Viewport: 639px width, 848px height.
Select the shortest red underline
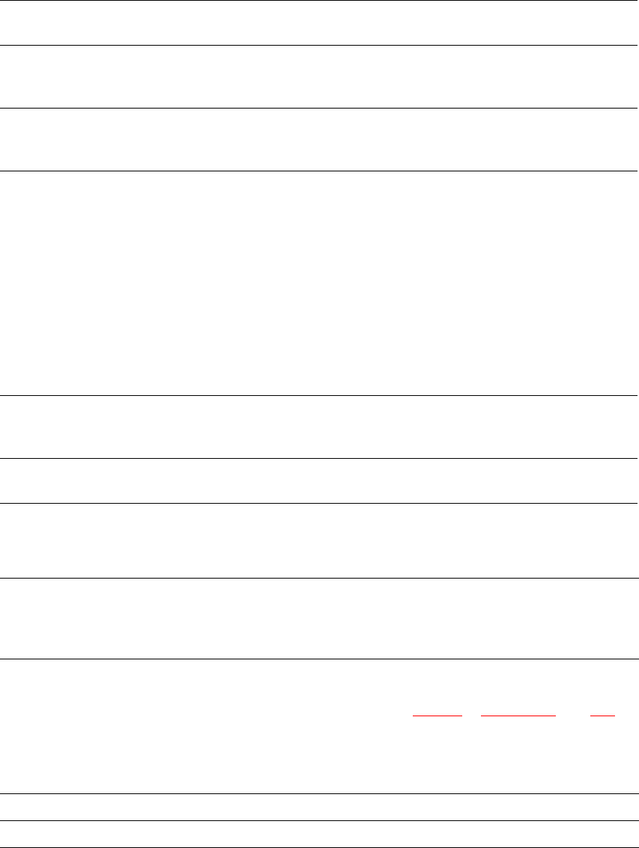602,716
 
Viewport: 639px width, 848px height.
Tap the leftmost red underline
438,716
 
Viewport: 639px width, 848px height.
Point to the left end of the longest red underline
481,716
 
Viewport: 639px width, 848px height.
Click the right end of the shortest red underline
614,716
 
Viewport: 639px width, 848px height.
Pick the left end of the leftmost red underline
414,716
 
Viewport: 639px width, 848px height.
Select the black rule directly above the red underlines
319,659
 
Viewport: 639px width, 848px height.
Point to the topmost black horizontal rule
319,1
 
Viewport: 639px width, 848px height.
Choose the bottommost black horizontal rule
319,847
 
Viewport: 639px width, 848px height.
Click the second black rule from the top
319,46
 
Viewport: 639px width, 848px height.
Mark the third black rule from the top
319,109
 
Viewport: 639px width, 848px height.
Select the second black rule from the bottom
319,821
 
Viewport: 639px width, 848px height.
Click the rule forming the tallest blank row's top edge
319,171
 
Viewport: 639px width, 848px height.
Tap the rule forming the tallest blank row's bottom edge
319,395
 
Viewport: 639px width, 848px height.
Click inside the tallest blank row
319,283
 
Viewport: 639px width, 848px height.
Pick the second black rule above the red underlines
319,577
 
